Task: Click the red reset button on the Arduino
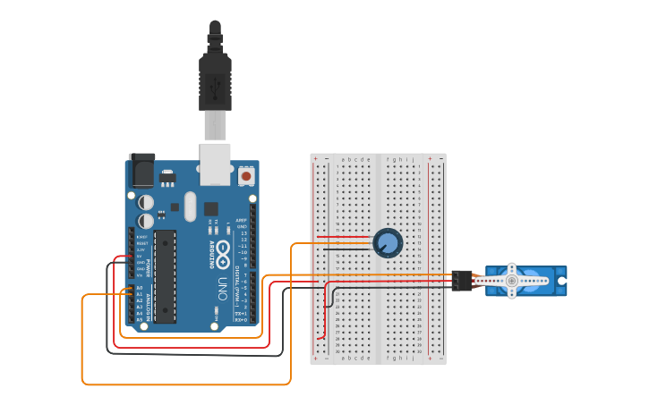(x=246, y=175)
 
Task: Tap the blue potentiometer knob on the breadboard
(x=388, y=242)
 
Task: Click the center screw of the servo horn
(x=512, y=281)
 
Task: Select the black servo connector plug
(x=462, y=281)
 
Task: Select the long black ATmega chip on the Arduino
(x=165, y=275)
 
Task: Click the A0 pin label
(x=139, y=288)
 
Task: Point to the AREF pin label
(x=242, y=221)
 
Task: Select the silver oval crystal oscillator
(x=189, y=207)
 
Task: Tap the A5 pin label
(x=139, y=318)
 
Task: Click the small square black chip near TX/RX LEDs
(x=211, y=208)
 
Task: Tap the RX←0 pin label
(x=240, y=320)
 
